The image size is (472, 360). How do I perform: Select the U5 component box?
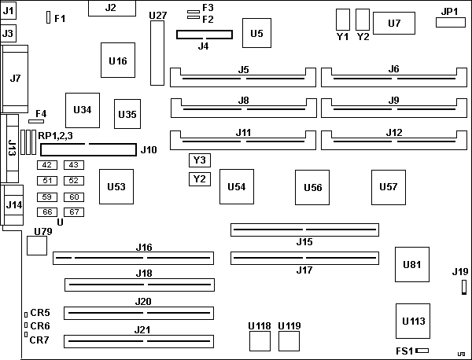click(x=256, y=33)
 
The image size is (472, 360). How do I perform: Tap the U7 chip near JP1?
click(x=395, y=24)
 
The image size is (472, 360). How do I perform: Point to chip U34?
click(x=82, y=109)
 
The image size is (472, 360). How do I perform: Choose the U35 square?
click(x=127, y=115)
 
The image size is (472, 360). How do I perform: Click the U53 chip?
click(x=116, y=186)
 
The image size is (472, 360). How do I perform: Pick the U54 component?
click(x=236, y=186)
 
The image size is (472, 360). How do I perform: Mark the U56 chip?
click(x=312, y=187)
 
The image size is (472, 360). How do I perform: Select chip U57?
click(x=388, y=186)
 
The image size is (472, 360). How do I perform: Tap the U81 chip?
click(x=411, y=264)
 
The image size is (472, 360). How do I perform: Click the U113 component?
click(x=412, y=321)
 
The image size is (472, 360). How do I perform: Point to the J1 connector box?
click(x=9, y=13)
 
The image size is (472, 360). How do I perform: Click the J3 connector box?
click(x=9, y=33)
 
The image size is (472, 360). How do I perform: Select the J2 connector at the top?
click(x=110, y=9)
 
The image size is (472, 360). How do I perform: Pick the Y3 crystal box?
click(x=200, y=160)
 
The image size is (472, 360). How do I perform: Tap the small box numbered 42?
click(x=48, y=165)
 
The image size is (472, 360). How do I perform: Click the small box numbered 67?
click(x=74, y=212)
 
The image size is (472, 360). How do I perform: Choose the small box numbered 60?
click(x=74, y=197)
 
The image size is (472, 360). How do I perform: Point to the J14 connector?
click(x=13, y=206)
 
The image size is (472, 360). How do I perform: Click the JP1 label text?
click(x=449, y=12)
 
